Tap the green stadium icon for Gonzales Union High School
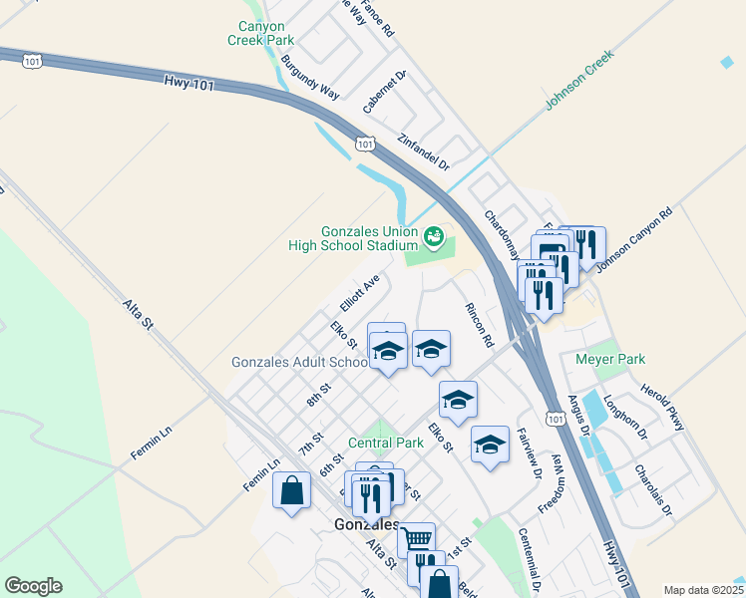pyautogui.click(x=434, y=236)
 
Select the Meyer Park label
pyautogui.click(x=610, y=359)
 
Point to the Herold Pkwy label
pyautogui.click(x=662, y=406)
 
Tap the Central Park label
pyautogui.click(x=386, y=442)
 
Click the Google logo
pyautogui.click(x=33, y=586)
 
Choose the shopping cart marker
pyautogui.click(x=416, y=538)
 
